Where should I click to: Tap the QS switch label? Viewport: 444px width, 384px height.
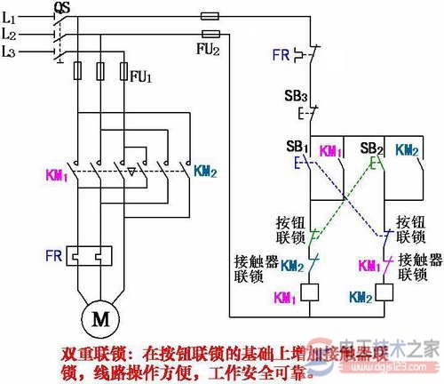click(x=62, y=8)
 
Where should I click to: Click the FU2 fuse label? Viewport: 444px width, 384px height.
click(x=207, y=49)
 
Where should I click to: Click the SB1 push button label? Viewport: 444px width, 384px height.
click(x=296, y=145)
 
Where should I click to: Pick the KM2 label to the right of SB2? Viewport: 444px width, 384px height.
click(x=408, y=150)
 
